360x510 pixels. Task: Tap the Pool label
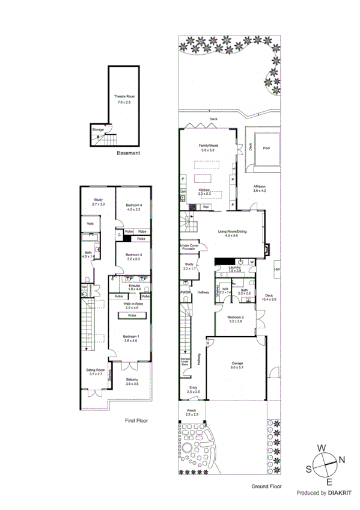pyautogui.click(x=266, y=146)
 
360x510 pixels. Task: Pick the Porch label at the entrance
pyautogui.click(x=192, y=411)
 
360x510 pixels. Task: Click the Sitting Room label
pyautogui.click(x=95, y=372)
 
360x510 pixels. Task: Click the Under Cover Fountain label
pyautogui.click(x=189, y=247)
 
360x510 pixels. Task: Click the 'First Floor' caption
pyautogui.click(x=136, y=421)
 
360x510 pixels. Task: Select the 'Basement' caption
pyautogui.click(x=128, y=153)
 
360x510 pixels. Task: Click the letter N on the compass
pyautogui.click(x=343, y=460)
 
